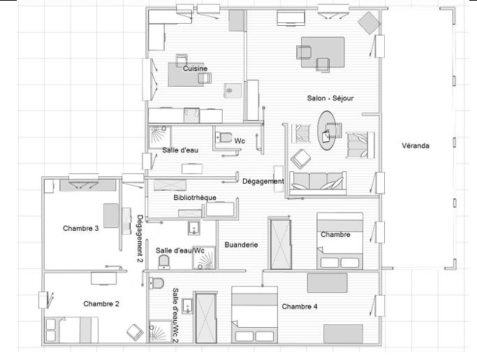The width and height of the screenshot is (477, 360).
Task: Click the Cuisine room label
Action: click(195, 69)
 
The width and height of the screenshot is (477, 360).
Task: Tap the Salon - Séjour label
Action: click(330, 99)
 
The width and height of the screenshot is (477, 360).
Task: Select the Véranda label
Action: click(416, 146)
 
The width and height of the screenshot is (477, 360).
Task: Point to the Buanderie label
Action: click(241, 245)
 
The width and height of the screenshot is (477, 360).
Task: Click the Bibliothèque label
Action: click(194, 198)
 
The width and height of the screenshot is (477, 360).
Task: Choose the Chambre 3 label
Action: click(80, 228)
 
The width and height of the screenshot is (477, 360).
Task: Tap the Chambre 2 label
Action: click(101, 303)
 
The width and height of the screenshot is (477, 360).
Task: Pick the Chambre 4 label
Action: click(300, 306)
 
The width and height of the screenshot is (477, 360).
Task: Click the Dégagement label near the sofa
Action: click(263, 181)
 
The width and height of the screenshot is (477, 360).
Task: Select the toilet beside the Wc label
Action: click(223, 136)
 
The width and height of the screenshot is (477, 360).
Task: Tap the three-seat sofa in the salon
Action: click(318, 182)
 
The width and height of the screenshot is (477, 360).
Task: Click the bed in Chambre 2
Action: click(71, 328)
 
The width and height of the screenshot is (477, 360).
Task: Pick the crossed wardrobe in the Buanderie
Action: click(282, 243)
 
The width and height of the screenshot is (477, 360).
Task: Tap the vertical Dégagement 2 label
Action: click(140, 238)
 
